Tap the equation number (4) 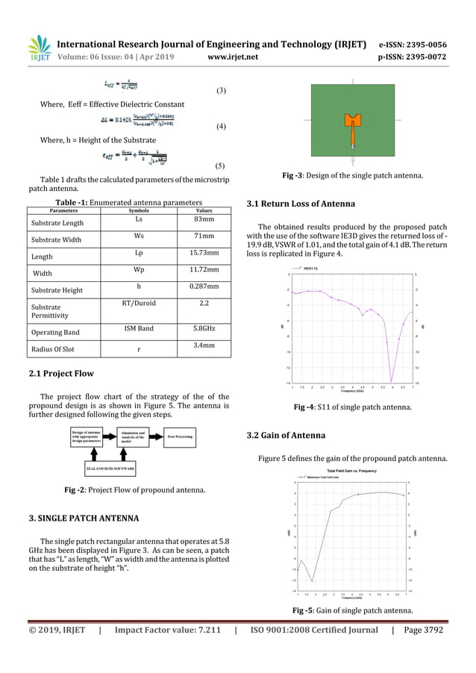click(220, 127)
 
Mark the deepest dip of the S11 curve click(392, 380)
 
